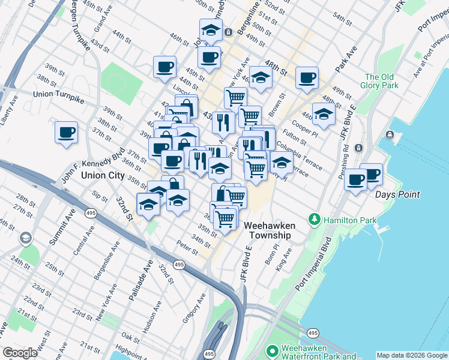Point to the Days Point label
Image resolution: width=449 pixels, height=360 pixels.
click(x=397, y=194)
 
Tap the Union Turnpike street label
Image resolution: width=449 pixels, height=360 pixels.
click(x=59, y=94)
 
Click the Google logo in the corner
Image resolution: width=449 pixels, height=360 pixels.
click(x=20, y=353)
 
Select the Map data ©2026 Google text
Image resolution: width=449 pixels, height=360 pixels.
click(x=412, y=355)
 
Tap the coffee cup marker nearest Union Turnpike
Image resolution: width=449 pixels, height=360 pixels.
click(x=67, y=133)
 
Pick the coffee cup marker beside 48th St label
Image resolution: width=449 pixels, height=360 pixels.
click(x=307, y=77)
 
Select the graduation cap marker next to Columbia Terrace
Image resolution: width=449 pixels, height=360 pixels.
click(x=281, y=161)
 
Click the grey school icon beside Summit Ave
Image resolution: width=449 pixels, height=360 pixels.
click(x=25, y=239)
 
